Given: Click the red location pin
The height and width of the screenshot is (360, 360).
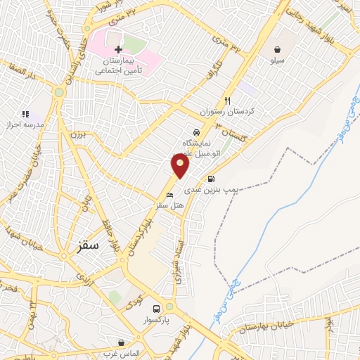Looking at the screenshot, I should [x=181, y=166].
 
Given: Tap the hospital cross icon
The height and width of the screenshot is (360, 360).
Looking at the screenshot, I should [x=118, y=49].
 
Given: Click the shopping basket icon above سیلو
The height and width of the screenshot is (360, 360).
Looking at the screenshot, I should [x=279, y=49].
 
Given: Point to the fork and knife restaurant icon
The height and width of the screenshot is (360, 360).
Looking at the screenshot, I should [x=227, y=101].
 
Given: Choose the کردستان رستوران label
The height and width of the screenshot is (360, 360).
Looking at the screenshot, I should [x=236, y=112].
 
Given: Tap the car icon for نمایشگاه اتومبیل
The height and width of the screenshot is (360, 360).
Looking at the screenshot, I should [x=195, y=131].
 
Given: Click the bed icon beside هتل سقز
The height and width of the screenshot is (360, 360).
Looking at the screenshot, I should [x=169, y=195].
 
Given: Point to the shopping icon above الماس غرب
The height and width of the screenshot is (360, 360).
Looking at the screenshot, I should [x=122, y=342].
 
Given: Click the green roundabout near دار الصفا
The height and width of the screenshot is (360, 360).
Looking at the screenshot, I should [x=59, y=92].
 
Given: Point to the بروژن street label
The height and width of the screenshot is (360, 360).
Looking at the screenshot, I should [x=76, y=134].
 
